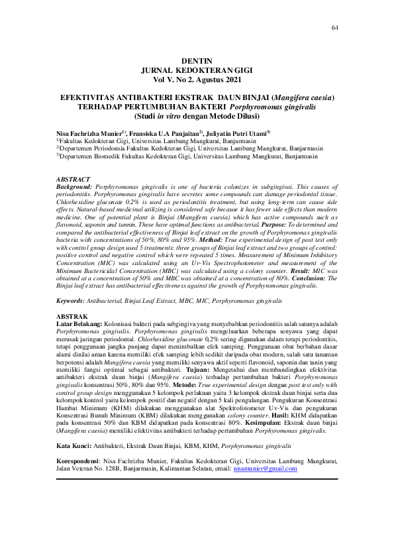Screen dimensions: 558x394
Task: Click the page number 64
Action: pos(334,27)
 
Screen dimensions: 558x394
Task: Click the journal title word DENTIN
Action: pos(197,60)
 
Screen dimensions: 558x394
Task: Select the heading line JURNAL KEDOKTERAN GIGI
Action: pos(197,69)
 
